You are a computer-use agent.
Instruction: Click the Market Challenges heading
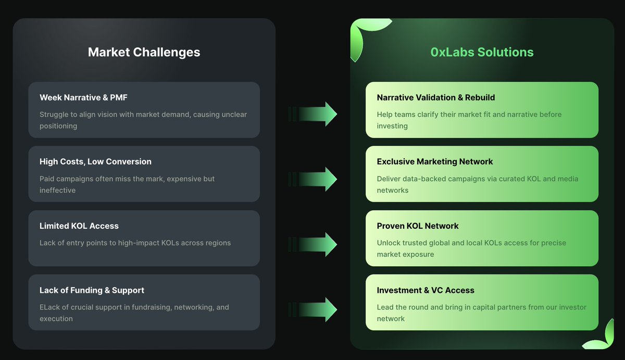(144, 52)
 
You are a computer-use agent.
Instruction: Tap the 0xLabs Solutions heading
(482, 52)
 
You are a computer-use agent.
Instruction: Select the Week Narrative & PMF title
(83, 97)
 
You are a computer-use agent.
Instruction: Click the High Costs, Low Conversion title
(95, 162)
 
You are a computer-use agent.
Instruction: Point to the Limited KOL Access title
(79, 226)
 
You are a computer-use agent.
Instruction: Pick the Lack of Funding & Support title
(92, 290)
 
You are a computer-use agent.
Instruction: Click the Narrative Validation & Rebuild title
(436, 97)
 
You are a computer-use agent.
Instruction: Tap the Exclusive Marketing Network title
(435, 162)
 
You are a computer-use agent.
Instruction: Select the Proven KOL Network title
(418, 226)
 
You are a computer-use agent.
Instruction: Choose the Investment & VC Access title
(426, 290)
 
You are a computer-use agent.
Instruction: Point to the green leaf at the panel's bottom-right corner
(600, 338)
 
